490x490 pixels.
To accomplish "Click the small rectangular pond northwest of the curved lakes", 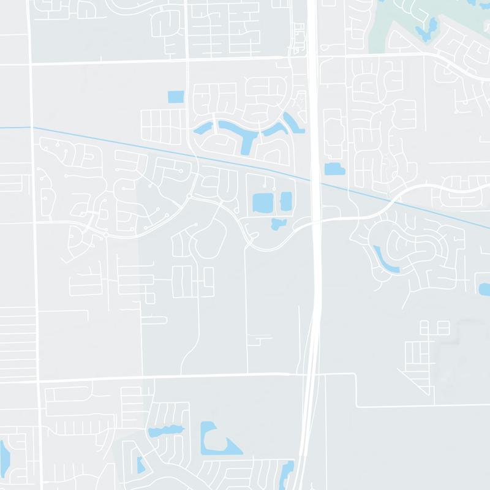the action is pos(175,96).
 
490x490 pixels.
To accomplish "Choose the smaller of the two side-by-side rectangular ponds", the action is pos(286,200).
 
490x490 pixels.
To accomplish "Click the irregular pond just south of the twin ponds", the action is pos(279,224).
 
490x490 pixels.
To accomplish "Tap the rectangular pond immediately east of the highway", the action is pos(334,170).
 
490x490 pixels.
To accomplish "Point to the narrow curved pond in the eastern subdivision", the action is pos(385,260).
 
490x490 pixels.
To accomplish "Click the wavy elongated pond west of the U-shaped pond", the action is pos(165,431).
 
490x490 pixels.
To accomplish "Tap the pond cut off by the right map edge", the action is pos(484,288).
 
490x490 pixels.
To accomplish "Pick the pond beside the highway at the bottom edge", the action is pos(287,473).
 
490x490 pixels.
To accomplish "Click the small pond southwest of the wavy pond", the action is pos(140,466).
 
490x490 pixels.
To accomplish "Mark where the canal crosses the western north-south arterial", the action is pos(32,127).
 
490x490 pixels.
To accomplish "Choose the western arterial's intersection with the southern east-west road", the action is pos(40,380).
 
